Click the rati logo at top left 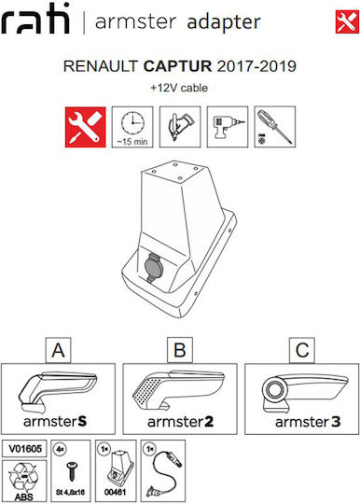pos(35,19)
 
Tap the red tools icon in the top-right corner pos(347,21)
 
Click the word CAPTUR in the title pos(177,66)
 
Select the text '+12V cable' pos(179,88)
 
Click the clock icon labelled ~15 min pos(132,127)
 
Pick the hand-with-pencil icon pos(180,127)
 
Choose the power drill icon pos(228,127)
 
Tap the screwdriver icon pos(275,127)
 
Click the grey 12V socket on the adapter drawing pos(154,268)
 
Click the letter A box pos(58,350)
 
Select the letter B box pos(180,350)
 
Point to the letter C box pos(302,350)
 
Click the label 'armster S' pos(55,421)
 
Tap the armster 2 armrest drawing pos(178,390)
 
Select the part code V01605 pos(25,448)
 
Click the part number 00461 pos(115,492)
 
